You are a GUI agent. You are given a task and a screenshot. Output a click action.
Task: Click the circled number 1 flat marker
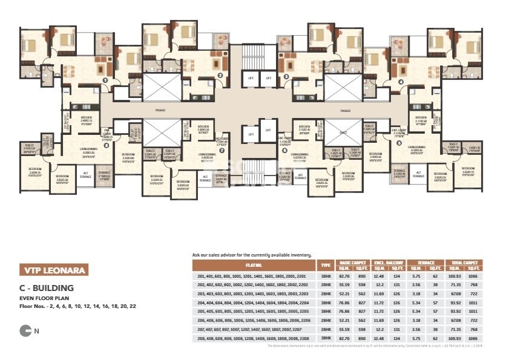105,80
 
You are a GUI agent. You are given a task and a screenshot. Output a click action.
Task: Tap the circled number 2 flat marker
220,76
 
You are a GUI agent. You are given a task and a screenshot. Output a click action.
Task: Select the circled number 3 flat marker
286,77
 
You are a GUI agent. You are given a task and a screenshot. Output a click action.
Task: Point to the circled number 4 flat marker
401,82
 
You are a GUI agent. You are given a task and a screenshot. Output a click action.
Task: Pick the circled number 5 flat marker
399,143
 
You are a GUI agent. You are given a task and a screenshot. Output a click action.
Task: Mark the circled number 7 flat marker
222,151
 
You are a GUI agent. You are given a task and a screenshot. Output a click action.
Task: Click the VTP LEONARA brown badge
53,270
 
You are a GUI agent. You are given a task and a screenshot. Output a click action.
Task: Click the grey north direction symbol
26,330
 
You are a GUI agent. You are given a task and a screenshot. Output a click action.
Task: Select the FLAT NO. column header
254,265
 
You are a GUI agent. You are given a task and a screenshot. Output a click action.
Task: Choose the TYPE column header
326,265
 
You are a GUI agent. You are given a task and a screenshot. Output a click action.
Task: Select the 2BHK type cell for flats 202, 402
326,284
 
